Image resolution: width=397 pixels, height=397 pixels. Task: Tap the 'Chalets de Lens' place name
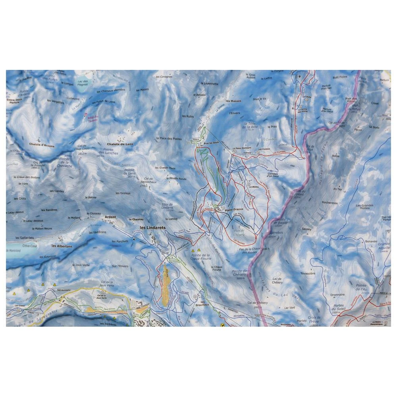(120, 144)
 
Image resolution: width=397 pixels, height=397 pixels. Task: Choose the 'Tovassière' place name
(310, 273)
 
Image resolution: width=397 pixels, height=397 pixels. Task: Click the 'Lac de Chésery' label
(278, 280)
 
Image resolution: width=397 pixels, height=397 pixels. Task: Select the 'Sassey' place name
(307, 229)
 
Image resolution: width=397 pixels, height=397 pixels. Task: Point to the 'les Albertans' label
(62, 246)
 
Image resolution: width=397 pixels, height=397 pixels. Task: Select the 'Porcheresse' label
(330, 202)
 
